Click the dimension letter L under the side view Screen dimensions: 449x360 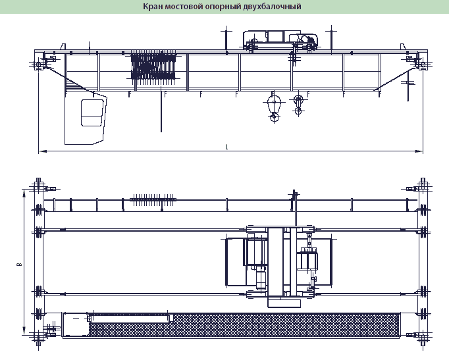[226, 147]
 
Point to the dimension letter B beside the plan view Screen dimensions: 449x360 [19, 264]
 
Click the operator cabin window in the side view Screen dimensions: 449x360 [92, 113]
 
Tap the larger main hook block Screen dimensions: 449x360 [274, 107]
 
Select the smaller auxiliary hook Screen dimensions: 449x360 [298, 105]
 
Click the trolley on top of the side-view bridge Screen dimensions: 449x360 [280, 41]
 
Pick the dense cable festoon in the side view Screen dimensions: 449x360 [153, 68]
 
